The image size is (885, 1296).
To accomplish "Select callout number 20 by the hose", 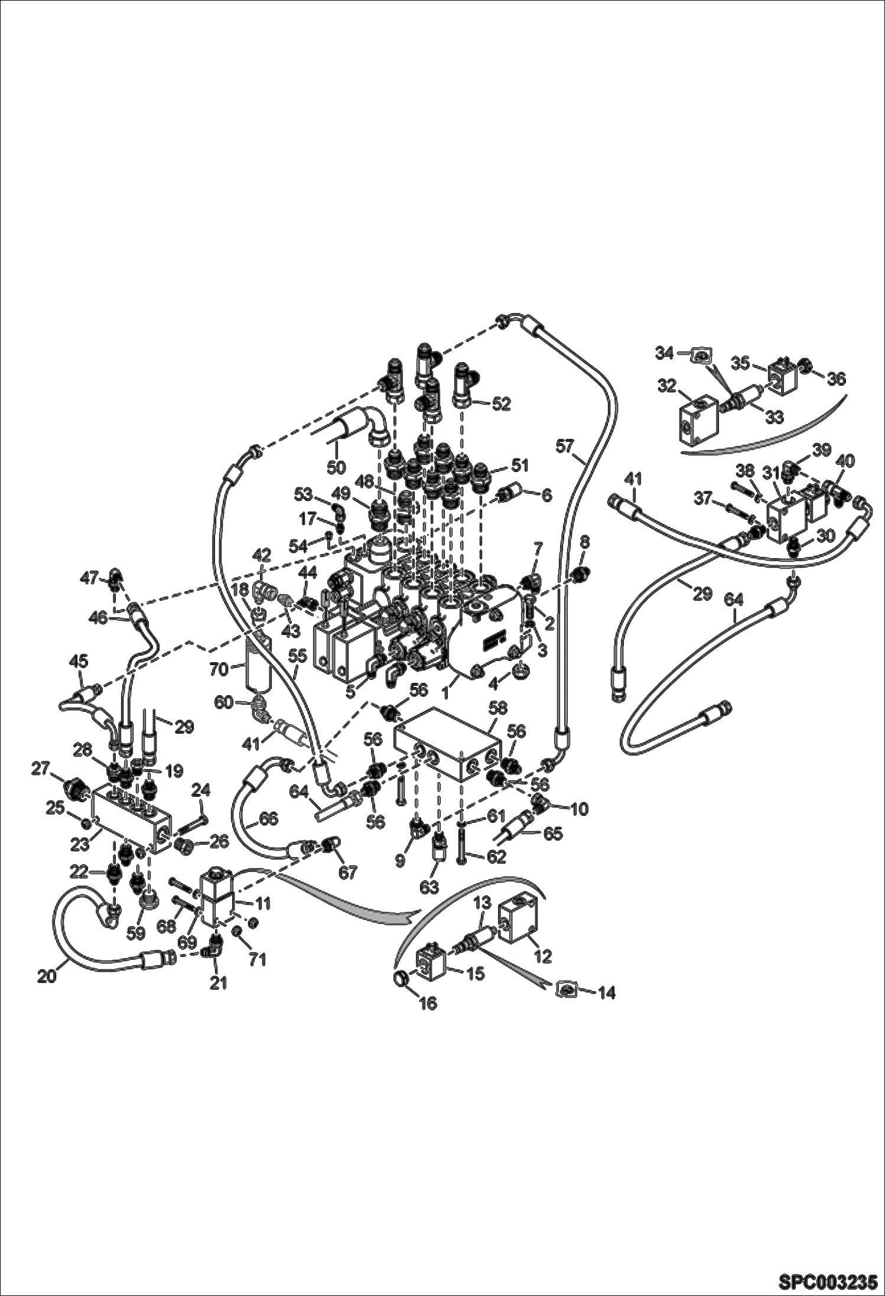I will pos(47,977).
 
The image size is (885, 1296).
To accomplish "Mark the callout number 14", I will pos(606,993).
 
